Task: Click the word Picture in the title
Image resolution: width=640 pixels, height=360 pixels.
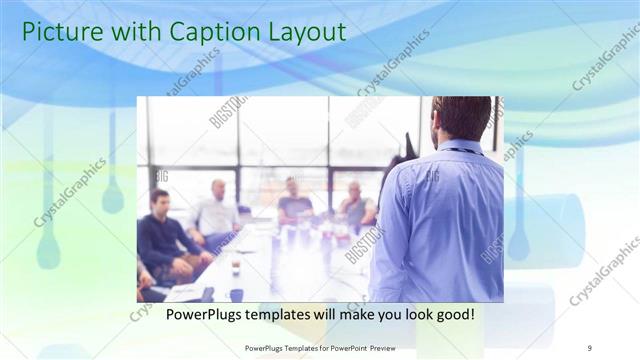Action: point(58,32)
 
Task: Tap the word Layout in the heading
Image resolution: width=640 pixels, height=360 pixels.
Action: point(303,32)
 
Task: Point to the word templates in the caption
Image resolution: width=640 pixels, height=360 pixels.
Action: point(280,314)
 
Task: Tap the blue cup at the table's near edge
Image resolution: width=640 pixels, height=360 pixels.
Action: point(237,295)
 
